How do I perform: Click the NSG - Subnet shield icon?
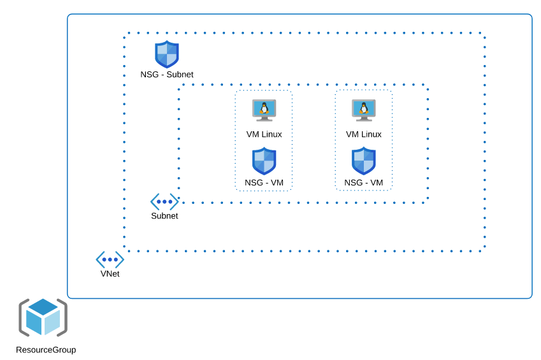167,54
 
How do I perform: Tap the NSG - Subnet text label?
167,75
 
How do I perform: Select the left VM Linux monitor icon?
264,110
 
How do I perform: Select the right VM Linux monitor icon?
364,110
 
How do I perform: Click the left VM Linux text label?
264,134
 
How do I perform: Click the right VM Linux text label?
364,134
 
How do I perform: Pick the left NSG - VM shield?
264,161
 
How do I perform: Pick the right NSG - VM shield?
364,161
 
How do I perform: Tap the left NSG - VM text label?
264,183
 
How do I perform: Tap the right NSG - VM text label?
364,183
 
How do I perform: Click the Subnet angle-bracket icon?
164,202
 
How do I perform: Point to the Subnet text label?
164,216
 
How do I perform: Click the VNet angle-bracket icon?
110,259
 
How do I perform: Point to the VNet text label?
110,274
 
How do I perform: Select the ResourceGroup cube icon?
43,317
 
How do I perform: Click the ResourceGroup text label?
46,350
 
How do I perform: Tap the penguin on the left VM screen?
264,108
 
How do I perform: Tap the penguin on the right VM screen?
364,108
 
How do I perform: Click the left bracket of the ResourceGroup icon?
23,317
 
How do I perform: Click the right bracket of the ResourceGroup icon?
63,317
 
